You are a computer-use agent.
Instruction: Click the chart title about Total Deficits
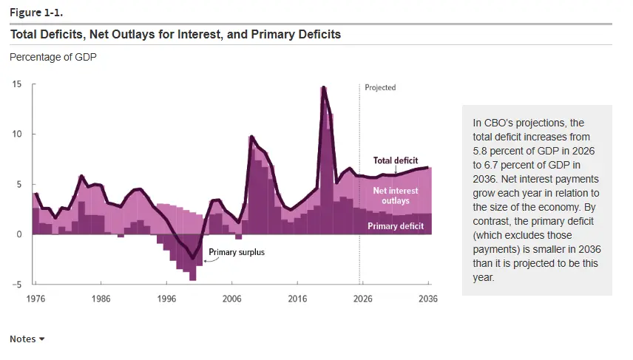(175, 34)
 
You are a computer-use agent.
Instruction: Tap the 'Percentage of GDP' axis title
(53, 57)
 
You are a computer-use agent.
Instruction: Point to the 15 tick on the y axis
(16, 84)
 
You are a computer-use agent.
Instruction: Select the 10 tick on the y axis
(16, 135)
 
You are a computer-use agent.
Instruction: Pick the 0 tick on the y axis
(19, 234)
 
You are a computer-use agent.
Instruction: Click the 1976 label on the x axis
(36, 299)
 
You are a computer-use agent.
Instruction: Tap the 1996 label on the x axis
(166, 299)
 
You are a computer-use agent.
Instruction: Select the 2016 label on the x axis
(297, 299)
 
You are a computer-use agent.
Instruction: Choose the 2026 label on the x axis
(362, 299)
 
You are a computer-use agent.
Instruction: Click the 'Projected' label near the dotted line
(380, 87)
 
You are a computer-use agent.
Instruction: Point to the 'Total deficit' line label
(395, 160)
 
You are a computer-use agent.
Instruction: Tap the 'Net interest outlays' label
(396, 196)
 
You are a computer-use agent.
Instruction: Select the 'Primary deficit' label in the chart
(396, 226)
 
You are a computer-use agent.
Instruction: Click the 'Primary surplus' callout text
(237, 252)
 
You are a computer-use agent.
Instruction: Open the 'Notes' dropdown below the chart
(27, 339)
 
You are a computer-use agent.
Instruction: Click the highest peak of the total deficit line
(323, 88)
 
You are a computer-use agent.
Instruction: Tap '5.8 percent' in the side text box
(499, 150)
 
